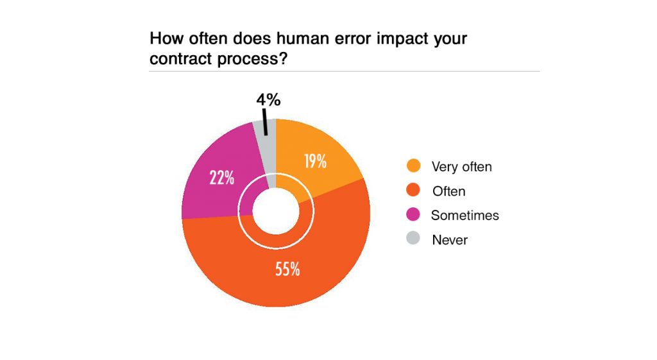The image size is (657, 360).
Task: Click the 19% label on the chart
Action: pos(315,161)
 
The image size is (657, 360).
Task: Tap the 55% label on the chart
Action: pos(287,269)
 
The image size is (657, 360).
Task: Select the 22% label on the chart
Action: pos(221,178)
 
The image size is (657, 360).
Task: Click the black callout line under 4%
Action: pos(264,122)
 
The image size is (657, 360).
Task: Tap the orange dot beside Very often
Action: pos(414,166)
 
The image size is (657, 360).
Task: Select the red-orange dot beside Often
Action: pos(414,191)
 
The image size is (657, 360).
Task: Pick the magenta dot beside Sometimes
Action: pos(414,215)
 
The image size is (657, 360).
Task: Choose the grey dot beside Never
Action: pos(414,239)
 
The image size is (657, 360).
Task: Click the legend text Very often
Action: pos(461,167)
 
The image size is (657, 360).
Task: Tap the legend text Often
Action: pos(449,191)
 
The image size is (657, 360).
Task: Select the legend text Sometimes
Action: pos(465,216)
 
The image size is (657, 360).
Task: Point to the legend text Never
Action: pos(450,240)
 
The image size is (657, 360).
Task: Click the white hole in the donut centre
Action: pos(275,212)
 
